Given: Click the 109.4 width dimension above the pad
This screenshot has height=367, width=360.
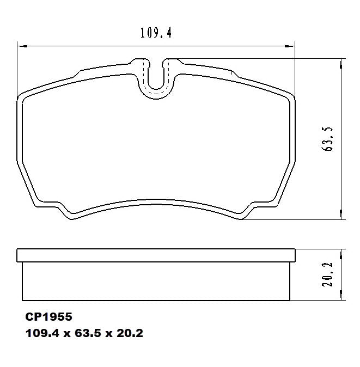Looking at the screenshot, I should click(156, 33).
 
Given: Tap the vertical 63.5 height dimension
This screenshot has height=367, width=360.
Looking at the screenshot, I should click(328, 139).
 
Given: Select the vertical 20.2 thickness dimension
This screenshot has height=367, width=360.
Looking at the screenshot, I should click(328, 275).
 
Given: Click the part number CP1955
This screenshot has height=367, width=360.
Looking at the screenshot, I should click(48, 316).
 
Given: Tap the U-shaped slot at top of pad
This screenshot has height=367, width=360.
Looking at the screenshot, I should click(156, 79).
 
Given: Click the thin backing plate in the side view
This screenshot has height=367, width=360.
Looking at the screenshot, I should click(156, 255).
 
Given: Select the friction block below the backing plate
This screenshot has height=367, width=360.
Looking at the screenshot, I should click(156, 281).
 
